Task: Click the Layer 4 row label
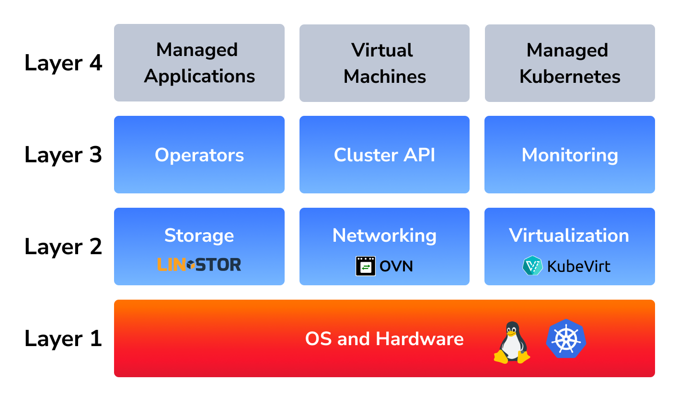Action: point(63,63)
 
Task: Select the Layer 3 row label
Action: point(63,155)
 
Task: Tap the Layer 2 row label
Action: point(63,247)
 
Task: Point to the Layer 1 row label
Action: point(63,339)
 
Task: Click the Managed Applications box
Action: point(199,63)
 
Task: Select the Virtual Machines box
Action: point(384,63)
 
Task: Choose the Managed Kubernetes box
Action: point(570,63)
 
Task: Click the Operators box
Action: point(199,155)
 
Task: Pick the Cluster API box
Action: point(384,155)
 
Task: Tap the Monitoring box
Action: point(570,155)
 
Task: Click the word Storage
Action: point(199,236)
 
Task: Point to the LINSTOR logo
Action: point(199,265)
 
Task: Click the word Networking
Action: point(384,236)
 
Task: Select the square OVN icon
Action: point(366,266)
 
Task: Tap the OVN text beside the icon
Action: point(396,266)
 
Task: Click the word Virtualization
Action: point(569,236)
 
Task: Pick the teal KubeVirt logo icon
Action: point(532,266)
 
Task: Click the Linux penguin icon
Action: point(512,343)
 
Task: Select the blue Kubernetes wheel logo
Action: point(566,339)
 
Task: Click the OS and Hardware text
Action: point(384,339)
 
